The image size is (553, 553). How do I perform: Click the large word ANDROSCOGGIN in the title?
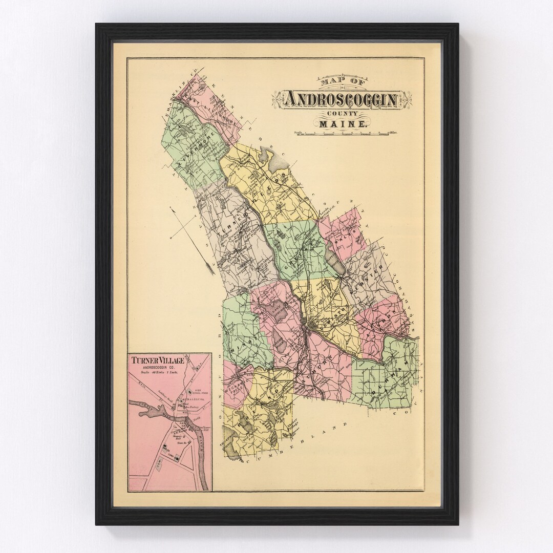[342, 99]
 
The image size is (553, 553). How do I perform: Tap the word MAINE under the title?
[342, 124]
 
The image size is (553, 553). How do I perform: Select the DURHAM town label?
[391, 378]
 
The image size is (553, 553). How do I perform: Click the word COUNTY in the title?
[342, 113]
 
